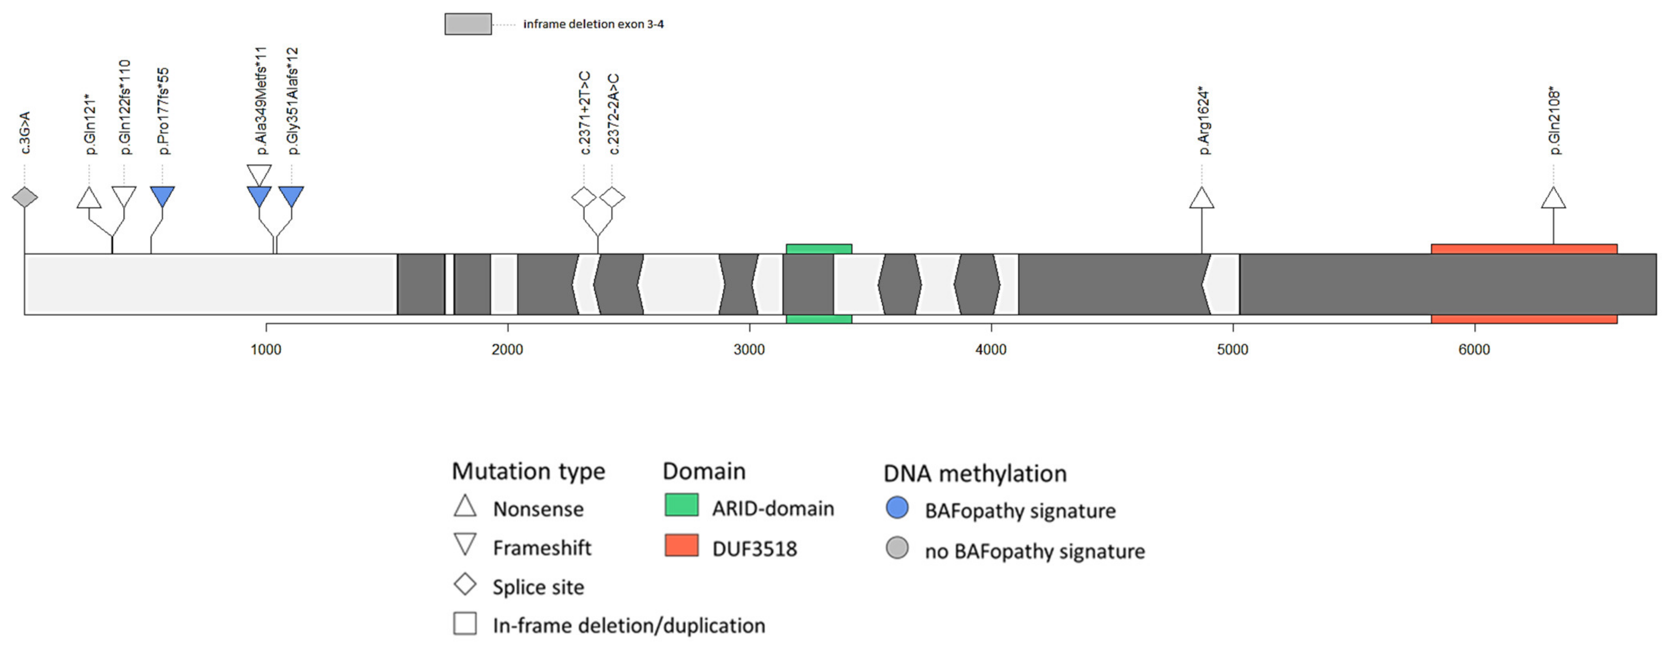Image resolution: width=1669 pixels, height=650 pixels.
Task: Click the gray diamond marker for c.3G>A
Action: (25, 197)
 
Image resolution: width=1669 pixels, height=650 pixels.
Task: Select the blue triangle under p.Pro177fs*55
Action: (162, 196)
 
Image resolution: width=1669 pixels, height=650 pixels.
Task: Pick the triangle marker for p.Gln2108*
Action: (1553, 198)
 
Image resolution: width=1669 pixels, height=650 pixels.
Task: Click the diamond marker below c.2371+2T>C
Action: (584, 197)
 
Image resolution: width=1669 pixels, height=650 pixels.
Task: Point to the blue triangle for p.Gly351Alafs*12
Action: (291, 196)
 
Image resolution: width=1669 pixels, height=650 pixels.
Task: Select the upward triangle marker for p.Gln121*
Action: (89, 198)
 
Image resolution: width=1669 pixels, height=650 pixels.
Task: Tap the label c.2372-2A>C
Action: (613, 115)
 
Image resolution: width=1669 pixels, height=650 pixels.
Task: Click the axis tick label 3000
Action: (749, 350)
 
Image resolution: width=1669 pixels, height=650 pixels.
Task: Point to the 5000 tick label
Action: (1232, 350)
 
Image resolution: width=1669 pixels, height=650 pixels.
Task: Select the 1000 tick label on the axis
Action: (266, 350)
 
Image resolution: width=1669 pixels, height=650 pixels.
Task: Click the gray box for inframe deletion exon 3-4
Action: (468, 24)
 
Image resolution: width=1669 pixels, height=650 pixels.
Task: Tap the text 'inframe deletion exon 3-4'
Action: (594, 24)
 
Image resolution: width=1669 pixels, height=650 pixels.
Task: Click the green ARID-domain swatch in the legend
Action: (681, 505)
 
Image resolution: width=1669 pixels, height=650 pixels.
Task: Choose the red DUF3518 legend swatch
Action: (681, 545)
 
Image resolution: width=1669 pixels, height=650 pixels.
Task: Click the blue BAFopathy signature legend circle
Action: (897, 508)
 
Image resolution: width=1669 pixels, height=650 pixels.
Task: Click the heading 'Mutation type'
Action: (528, 471)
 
